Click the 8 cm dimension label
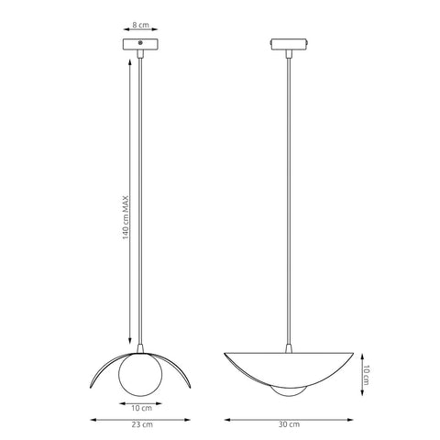140,25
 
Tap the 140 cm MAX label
126,217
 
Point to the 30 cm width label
289,424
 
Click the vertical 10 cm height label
366,375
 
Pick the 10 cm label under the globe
141,408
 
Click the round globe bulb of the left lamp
140,375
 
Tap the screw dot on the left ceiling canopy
140,42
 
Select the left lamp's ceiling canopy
140,44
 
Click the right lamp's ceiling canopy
289,44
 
